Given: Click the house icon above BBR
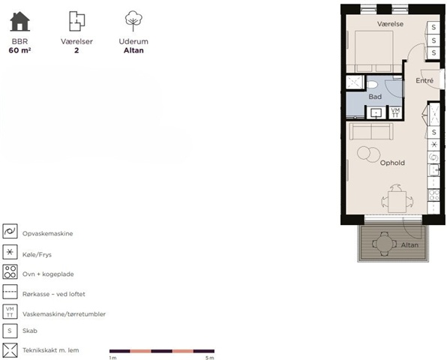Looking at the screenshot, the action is coord(19,21).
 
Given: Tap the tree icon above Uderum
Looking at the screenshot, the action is coord(133,21).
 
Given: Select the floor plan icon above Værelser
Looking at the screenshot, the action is coord(76,21).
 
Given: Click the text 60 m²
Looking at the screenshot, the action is coord(19,50).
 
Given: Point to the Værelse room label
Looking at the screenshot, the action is coord(390,24).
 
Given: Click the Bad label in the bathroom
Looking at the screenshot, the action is coord(375,97).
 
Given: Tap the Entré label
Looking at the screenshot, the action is coord(424,81).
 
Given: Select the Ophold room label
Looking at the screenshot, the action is coord(392,163).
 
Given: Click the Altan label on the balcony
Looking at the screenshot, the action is coord(409,244).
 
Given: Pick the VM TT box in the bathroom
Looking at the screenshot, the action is coord(395,112).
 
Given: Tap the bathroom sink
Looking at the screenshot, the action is coord(376,113).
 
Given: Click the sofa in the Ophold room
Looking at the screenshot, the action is coord(371,131).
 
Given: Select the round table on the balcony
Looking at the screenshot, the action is coord(384,244).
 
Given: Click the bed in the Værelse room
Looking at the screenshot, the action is coord(373,51).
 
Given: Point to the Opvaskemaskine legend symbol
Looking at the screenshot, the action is coord(10,231).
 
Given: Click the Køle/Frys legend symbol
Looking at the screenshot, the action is coord(10,252).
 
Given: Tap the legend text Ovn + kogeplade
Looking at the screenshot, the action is coord(48,274).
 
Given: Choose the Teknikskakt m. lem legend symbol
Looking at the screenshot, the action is coord(10,350).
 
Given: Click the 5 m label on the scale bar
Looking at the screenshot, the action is coord(210,358).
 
